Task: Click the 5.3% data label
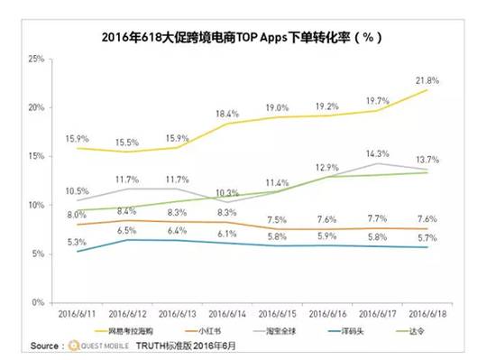[x=77, y=242]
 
